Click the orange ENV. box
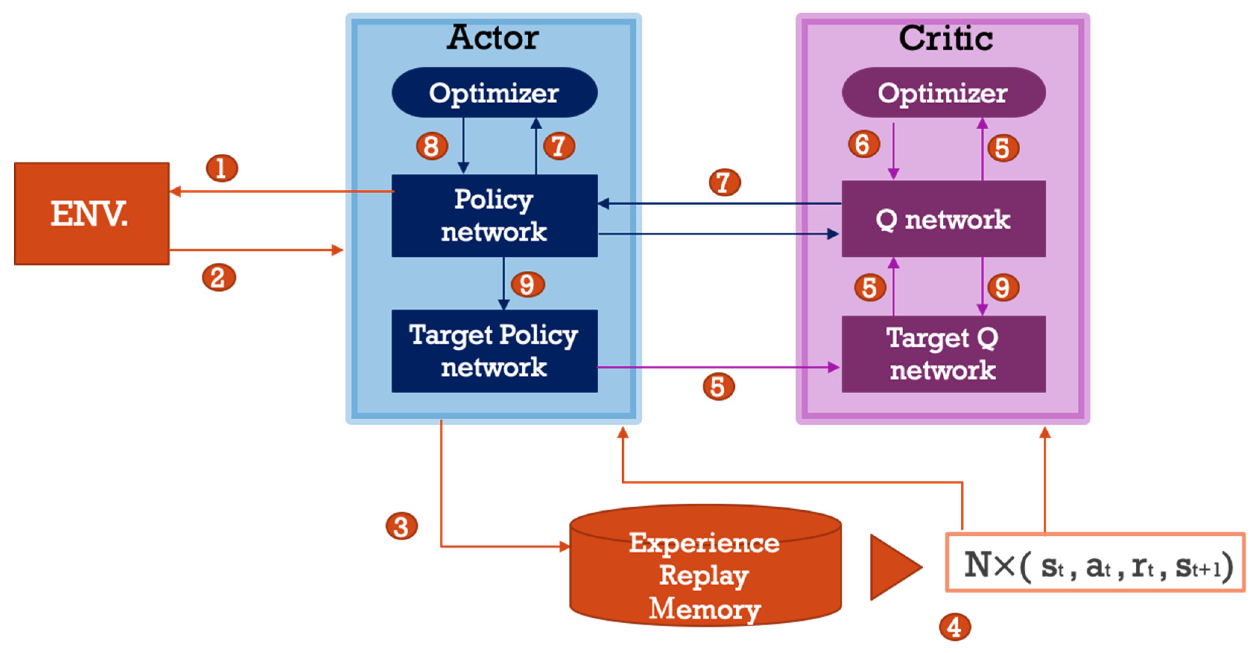(92, 213)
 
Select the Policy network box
(494, 215)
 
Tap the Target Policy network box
(494, 351)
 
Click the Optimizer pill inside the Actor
(494, 92)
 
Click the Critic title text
(945, 38)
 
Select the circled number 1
(222, 168)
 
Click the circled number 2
(219, 278)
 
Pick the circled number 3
(401, 526)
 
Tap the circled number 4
(954, 627)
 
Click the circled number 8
(431, 146)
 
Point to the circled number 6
(863, 144)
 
